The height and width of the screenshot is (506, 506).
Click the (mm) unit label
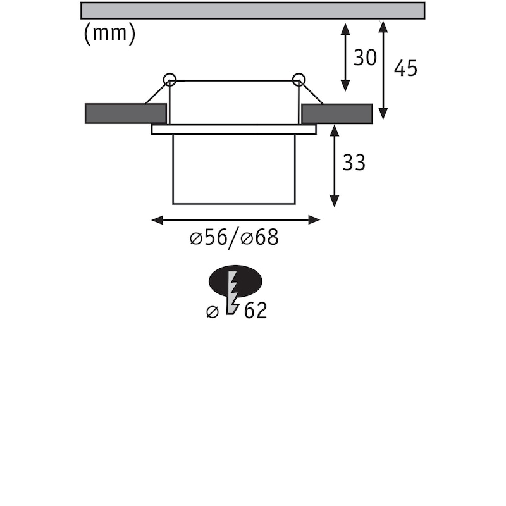click(x=109, y=34)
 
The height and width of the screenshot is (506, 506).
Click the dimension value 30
click(x=365, y=58)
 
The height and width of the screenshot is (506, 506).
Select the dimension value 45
click(x=405, y=68)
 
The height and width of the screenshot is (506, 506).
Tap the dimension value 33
click(x=354, y=163)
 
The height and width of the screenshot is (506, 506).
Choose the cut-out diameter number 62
click(x=255, y=311)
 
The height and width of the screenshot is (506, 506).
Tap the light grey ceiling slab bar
click(x=252, y=10)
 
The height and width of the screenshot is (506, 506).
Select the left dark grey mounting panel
click(x=125, y=113)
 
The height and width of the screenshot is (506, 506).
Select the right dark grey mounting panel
click(x=336, y=113)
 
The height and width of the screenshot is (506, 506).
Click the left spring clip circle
click(x=170, y=79)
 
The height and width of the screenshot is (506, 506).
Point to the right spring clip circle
click(x=299, y=79)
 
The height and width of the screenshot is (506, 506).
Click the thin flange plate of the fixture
click(x=233, y=129)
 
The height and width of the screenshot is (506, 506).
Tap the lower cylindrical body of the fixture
click(x=233, y=169)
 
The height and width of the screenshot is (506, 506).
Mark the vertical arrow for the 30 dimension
click(x=345, y=57)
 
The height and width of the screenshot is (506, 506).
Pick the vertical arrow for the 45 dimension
click(x=383, y=70)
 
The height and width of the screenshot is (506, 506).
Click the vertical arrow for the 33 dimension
click(x=334, y=166)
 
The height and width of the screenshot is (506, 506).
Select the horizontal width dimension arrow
click(x=236, y=219)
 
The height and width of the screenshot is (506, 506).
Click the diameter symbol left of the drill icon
click(x=213, y=311)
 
